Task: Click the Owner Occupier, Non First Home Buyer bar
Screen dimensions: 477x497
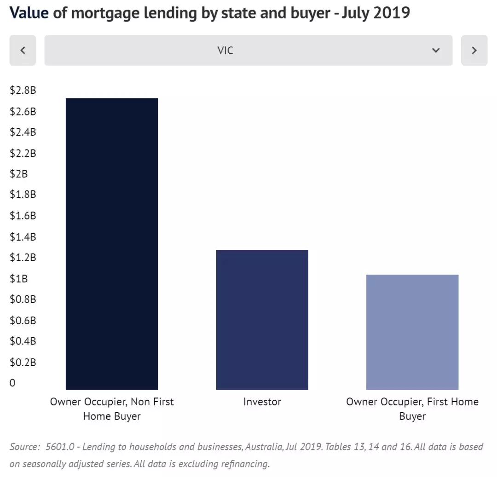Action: tap(112, 244)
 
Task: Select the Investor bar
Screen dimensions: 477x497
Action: tap(262, 320)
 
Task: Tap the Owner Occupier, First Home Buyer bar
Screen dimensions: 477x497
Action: tap(412, 332)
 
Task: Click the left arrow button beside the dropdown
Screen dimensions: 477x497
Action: tap(23, 50)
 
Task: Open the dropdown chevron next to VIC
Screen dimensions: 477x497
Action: tap(436, 50)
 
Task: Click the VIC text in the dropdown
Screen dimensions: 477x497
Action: tap(225, 50)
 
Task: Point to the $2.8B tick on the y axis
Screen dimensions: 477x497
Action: tap(23, 90)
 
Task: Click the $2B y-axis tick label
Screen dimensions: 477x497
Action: tap(18, 174)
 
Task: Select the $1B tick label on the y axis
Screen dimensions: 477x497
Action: tap(18, 278)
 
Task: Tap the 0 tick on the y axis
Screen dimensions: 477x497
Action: tap(12, 383)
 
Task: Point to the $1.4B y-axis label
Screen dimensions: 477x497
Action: tap(23, 237)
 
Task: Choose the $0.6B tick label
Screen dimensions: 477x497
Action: tap(23, 320)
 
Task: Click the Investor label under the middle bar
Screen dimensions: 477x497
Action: tap(262, 402)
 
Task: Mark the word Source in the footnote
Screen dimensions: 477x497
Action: tap(24, 447)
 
